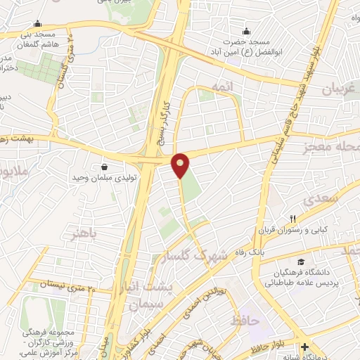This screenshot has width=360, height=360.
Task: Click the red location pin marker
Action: (181, 165)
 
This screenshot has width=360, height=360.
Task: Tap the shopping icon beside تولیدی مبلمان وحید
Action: (105, 167)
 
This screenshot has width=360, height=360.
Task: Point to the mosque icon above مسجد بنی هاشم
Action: (37, 23)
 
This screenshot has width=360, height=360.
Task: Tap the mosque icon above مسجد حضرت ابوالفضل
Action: (247, 31)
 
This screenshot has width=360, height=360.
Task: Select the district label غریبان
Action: (341, 89)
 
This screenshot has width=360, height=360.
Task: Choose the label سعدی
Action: (323, 199)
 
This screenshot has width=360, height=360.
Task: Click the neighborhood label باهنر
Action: (82, 233)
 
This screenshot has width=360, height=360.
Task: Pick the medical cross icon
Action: (304, 347)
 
